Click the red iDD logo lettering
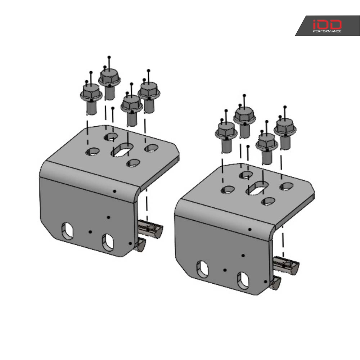click(327, 24)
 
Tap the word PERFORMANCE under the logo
click(327, 31)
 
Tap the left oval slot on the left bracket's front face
click(67, 231)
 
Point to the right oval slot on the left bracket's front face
click(108, 243)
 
